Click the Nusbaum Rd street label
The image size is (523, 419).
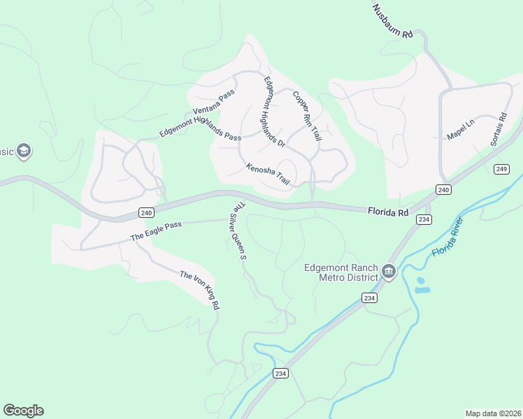[x=394, y=21]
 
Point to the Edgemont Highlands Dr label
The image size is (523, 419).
[x=273, y=111]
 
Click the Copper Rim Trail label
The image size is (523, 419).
[x=306, y=117]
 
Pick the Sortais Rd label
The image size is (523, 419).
[x=498, y=129]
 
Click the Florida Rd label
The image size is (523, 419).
[x=388, y=210]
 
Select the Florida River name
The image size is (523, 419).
[x=449, y=236]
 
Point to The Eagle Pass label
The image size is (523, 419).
[x=156, y=231]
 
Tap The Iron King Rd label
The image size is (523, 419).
[x=200, y=290]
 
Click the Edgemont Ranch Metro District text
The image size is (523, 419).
[x=341, y=272]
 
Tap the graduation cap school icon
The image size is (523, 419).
[x=24, y=151]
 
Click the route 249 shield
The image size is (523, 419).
[x=501, y=169]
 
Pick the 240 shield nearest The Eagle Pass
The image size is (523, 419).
[x=145, y=212]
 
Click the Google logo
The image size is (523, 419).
[x=23, y=411]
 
